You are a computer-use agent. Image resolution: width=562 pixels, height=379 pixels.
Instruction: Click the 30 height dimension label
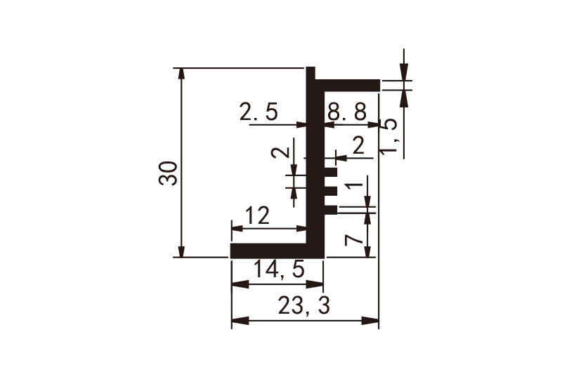(x=168, y=173)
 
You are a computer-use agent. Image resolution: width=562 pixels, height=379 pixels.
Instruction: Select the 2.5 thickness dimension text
(x=259, y=112)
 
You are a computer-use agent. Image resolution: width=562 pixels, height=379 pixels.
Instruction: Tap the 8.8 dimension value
(x=347, y=112)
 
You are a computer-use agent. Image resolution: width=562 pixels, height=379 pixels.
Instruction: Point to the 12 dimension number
(x=257, y=216)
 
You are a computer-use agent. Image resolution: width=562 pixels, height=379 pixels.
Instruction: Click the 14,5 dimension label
(x=279, y=269)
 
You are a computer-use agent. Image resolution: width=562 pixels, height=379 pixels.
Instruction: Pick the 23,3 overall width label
(x=303, y=306)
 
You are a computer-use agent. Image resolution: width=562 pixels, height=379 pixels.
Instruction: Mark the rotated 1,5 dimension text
(x=388, y=136)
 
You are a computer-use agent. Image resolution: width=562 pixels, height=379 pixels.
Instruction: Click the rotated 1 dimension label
(x=355, y=186)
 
